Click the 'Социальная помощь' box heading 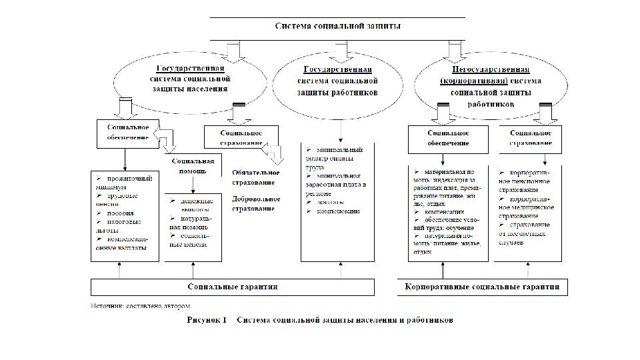[193, 165]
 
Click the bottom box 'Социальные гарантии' [233, 287]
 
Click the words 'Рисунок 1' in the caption [207, 319]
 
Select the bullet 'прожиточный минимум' [125, 183]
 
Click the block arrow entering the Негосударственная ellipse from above [455, 51]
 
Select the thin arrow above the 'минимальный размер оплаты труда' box [341, 130]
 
